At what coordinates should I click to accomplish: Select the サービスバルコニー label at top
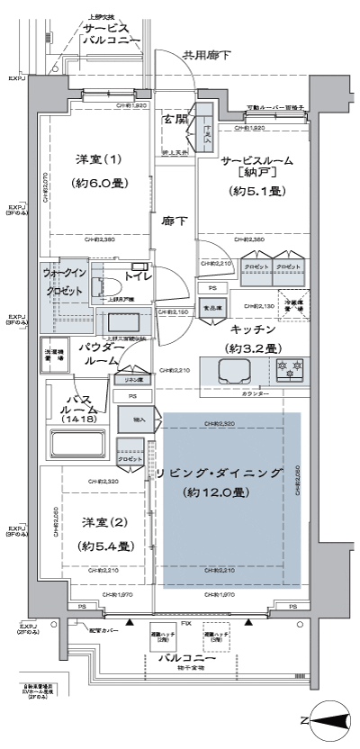pyautogui.click(x=110, y=34)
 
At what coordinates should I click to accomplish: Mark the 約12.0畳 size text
pyautogui.click(x=220, y=492)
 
